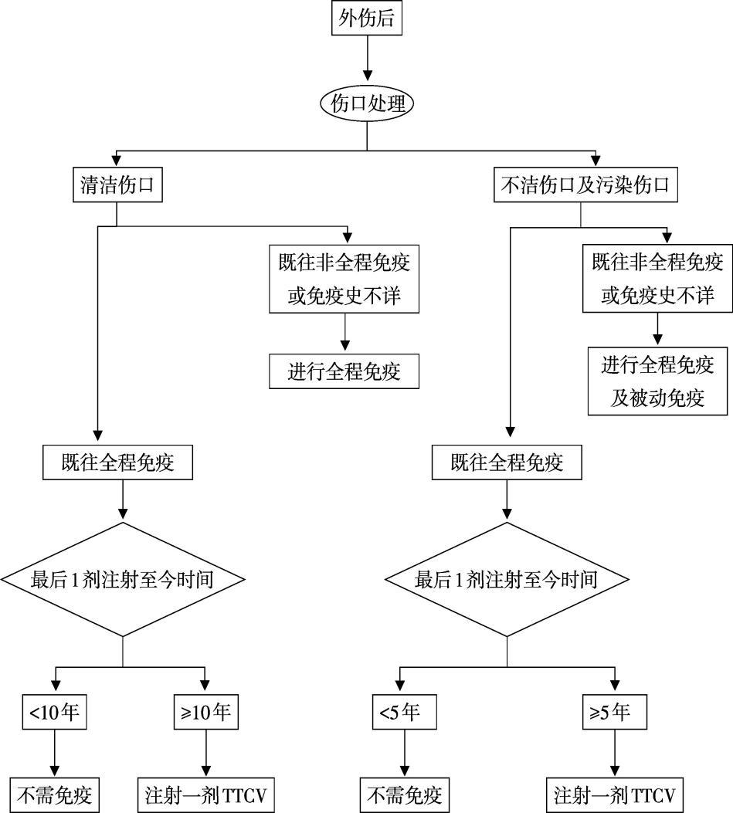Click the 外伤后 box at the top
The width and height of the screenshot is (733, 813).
click(367, 19)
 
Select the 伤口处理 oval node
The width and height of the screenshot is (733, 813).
click(367, 103)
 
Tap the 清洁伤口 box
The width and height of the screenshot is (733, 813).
click(117, 186)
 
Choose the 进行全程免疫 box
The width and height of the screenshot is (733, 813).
click(344, 371)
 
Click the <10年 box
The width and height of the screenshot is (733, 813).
click(54, 711)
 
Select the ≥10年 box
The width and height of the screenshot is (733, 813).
click(205, 711)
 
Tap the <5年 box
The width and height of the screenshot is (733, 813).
click(399, 711)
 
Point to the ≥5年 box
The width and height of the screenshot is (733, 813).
click(615, 711)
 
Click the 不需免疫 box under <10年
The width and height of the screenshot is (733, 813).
click(55, 794)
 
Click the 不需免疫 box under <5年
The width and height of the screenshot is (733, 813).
click(405, 794)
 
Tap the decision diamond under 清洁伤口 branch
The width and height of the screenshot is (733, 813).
click(123, 579)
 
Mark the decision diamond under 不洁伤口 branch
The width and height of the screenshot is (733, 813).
click(507, 579)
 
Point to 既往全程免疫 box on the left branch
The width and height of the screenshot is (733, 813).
click(117, 462)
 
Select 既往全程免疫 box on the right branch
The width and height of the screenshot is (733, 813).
click(507, 462)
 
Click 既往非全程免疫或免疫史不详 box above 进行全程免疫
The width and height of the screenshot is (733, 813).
click(344, 279)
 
